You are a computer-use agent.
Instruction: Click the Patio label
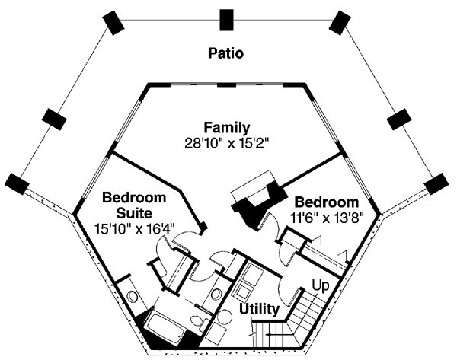point(225,53)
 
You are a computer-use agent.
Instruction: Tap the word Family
point(227,128)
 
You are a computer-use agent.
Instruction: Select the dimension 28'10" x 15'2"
point(226,143)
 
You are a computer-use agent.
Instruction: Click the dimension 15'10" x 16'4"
point(135,228)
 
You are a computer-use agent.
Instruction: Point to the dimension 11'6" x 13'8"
point(328,217)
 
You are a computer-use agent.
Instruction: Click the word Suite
point(134,213)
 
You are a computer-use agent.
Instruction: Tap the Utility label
point(259,309)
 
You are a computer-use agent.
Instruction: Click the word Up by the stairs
point(321,285)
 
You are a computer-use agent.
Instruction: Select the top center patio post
point(226,20)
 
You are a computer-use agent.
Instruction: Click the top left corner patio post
point(113,23)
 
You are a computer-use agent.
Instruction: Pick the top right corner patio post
point(340,23)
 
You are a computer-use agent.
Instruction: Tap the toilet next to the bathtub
point(199,323)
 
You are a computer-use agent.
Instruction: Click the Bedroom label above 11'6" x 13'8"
point(327,202)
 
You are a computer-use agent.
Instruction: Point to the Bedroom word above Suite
point(134,198)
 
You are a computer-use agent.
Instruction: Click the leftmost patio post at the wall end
point(17,184)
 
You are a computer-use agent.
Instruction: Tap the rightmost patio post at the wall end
point(436,184)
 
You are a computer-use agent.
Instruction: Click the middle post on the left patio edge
point(54,119)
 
